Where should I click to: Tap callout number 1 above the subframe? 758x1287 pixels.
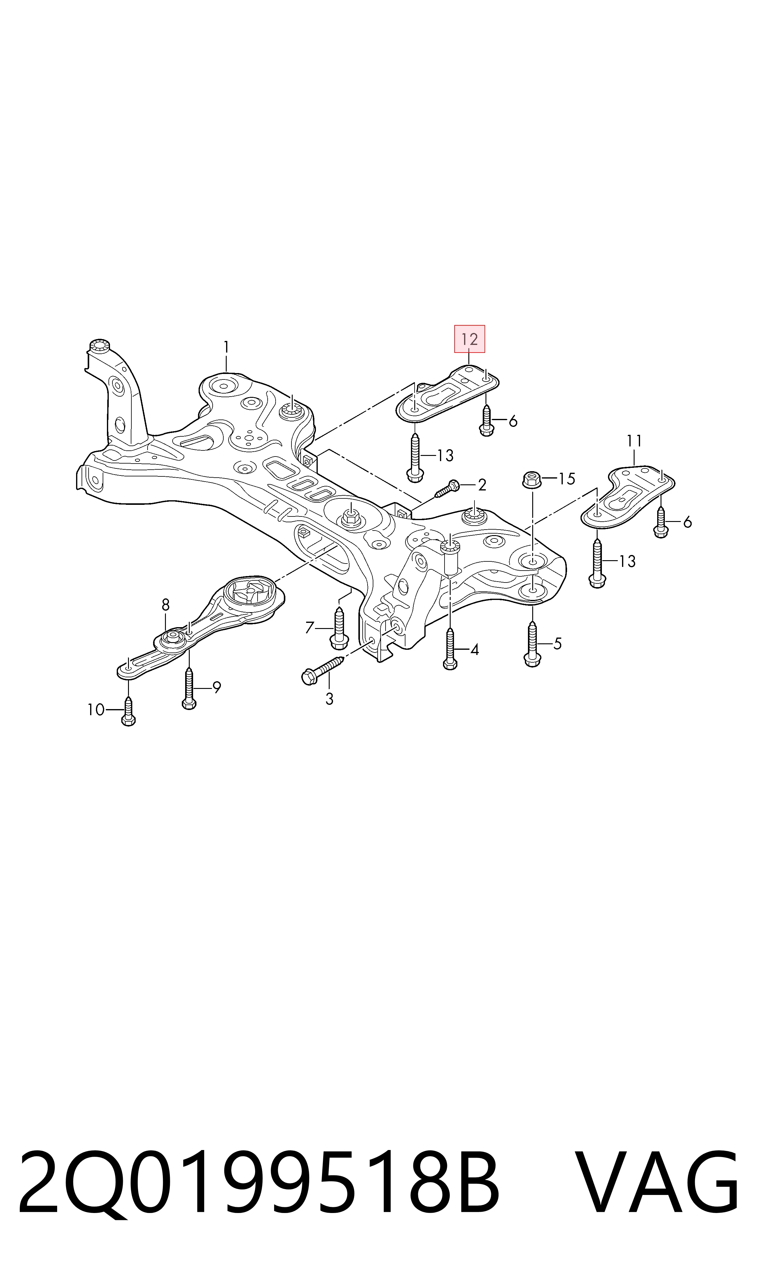click(x=226, y=348)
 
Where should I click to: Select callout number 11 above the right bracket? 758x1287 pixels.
click(x=634, y=441)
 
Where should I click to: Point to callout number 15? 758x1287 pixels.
click(x=567, y=479)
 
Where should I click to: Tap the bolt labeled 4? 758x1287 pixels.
click(x=450, y=649)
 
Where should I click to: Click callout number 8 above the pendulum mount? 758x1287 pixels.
click(x=166, y=605)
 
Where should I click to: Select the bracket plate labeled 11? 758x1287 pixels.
click(x=628, y=496)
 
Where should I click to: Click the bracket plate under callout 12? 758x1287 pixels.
click(x=448, y=394)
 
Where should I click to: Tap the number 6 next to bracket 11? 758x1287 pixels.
click(x=687, y=522)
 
